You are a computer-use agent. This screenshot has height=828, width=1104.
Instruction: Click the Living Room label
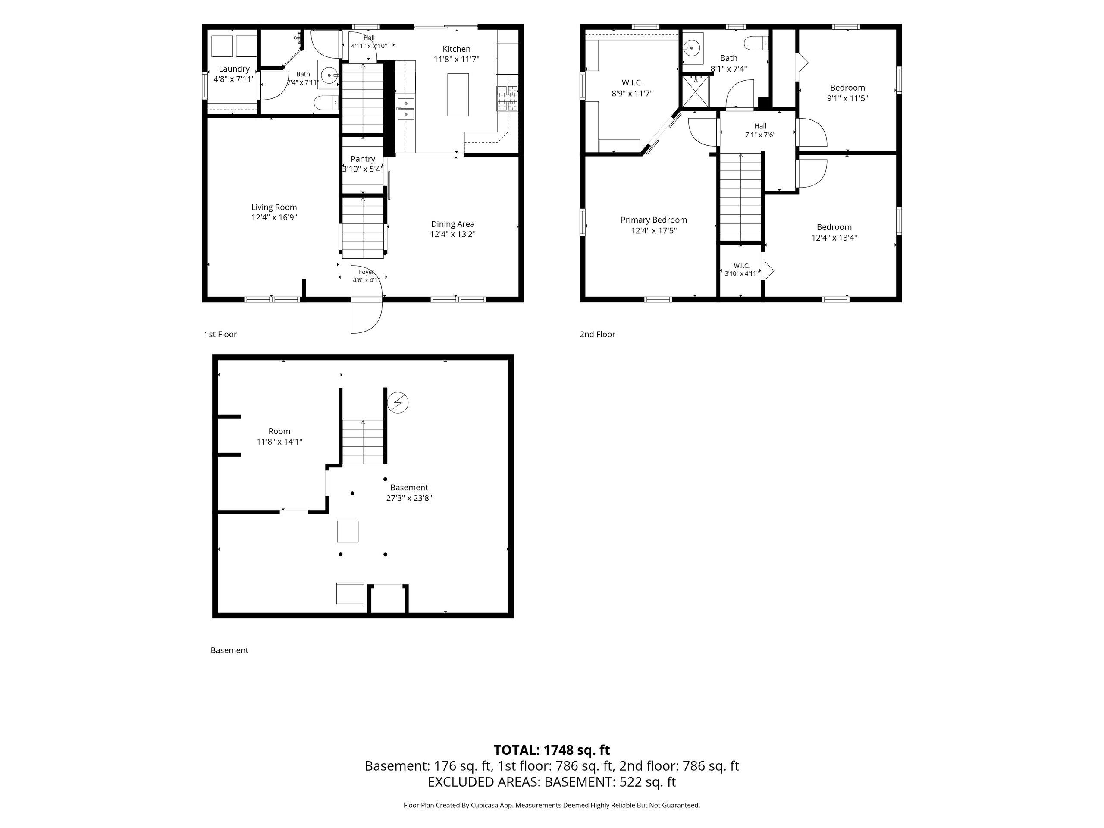click(x=274, y=207)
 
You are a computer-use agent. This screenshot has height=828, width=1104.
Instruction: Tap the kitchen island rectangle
click(x=458, y=95)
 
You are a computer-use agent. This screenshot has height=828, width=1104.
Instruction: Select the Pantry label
click(x=363, y=159)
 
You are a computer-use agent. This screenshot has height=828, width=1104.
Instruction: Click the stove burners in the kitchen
click(x=507, y=98)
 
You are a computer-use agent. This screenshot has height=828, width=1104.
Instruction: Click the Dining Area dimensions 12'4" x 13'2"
click(x=453, y=234)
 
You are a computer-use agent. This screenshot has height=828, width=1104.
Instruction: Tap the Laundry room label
click(x=234, y=69)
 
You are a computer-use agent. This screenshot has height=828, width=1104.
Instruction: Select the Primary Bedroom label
click(x=654, y=220)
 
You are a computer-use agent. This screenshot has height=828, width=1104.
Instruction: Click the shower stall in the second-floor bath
click(x=695, y=91)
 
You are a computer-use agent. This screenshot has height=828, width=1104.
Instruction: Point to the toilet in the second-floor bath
click(x=757, y=44)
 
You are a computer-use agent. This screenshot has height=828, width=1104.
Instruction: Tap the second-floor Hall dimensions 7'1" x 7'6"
click(x=760, y=135)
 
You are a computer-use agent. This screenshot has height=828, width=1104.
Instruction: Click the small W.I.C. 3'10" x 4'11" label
click(x=742, y=270)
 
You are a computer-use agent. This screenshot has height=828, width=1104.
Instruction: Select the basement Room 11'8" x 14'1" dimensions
click(x=279, y=442)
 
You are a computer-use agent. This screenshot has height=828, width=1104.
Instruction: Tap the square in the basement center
click(x=347, y=531)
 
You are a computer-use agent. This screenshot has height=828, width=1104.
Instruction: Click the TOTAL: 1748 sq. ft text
click(x=552, y=750)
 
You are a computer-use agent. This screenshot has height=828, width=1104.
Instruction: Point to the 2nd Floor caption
click(x=597, y=334)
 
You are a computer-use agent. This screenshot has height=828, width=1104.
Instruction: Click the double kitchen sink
click(x=406, y=109)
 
